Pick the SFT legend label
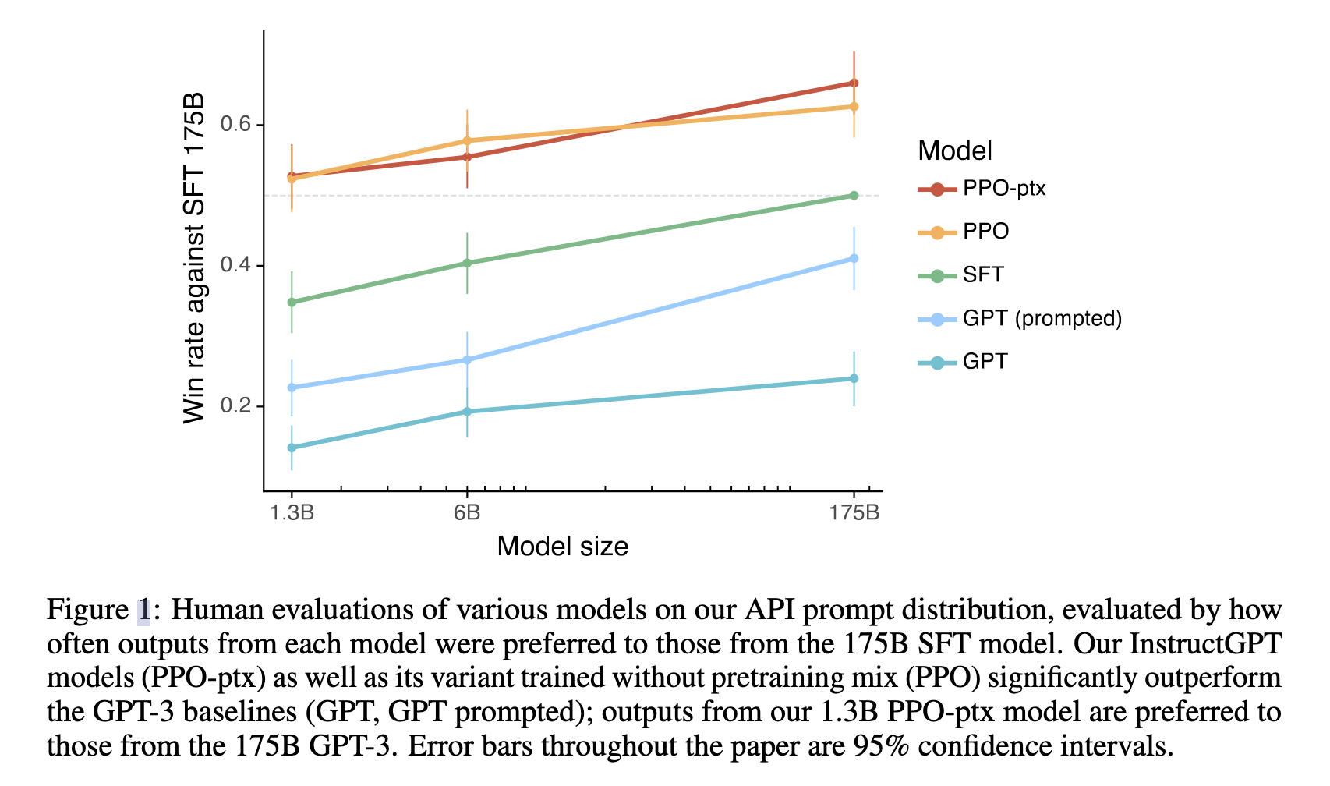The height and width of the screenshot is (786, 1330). point(983,274)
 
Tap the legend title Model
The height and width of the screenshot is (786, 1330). point(955,150)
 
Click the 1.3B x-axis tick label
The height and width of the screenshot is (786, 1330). point(292,513)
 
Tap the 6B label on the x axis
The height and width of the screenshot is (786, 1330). point(467,513)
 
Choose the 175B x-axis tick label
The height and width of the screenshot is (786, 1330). point(854,513)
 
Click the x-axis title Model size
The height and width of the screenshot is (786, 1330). point(562,547)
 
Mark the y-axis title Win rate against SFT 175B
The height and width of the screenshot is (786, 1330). point(194,258)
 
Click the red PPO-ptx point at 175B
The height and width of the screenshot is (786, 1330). point(854,83)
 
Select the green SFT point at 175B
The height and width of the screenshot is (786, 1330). point(854,196)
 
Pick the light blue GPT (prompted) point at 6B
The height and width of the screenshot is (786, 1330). point(467,360)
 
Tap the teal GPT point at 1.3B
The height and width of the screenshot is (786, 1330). point(292,448)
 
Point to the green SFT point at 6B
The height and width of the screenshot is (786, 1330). point(467,263)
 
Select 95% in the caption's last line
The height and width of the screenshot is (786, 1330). point(881,747)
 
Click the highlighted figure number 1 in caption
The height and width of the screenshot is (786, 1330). point(143,610)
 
